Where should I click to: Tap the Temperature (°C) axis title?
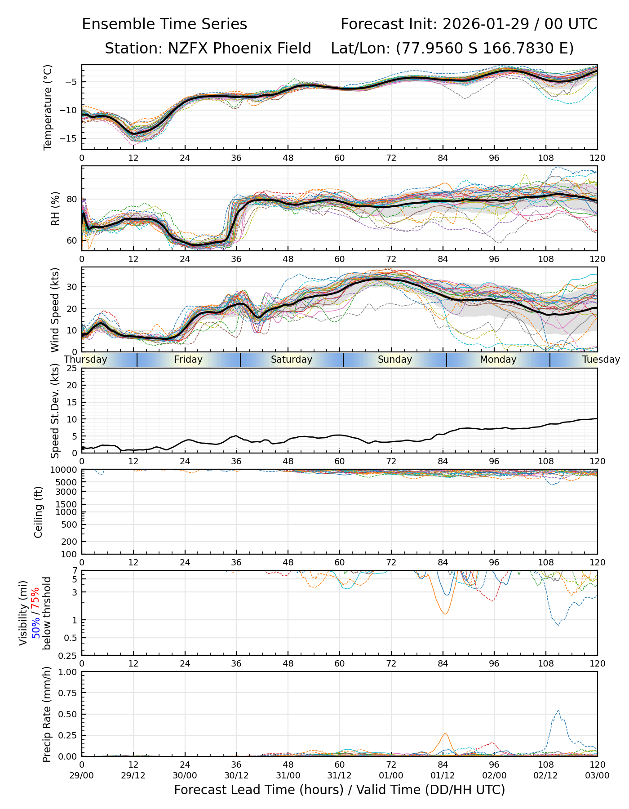click(x=48, y=107)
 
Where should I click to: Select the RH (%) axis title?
click(x=55, y=209)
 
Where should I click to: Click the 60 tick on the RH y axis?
click(x=73, y=240)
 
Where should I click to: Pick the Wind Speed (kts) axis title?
click(x=55, y=310)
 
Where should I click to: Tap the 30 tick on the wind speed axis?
click(x=73, y=287)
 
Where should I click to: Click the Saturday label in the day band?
click(x=292, y=360)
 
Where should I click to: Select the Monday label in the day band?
click(x=498, y=360)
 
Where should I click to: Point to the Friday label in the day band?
click(x=188, y=360)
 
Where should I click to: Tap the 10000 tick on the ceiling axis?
click(x=65, y=470)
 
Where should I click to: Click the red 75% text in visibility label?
click(x=35, y=598)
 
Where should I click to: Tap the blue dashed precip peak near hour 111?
click(x=558, y=711)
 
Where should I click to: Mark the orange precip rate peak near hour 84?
click(x=445, y=734)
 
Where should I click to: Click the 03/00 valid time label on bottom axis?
click(x=597, y=776)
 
